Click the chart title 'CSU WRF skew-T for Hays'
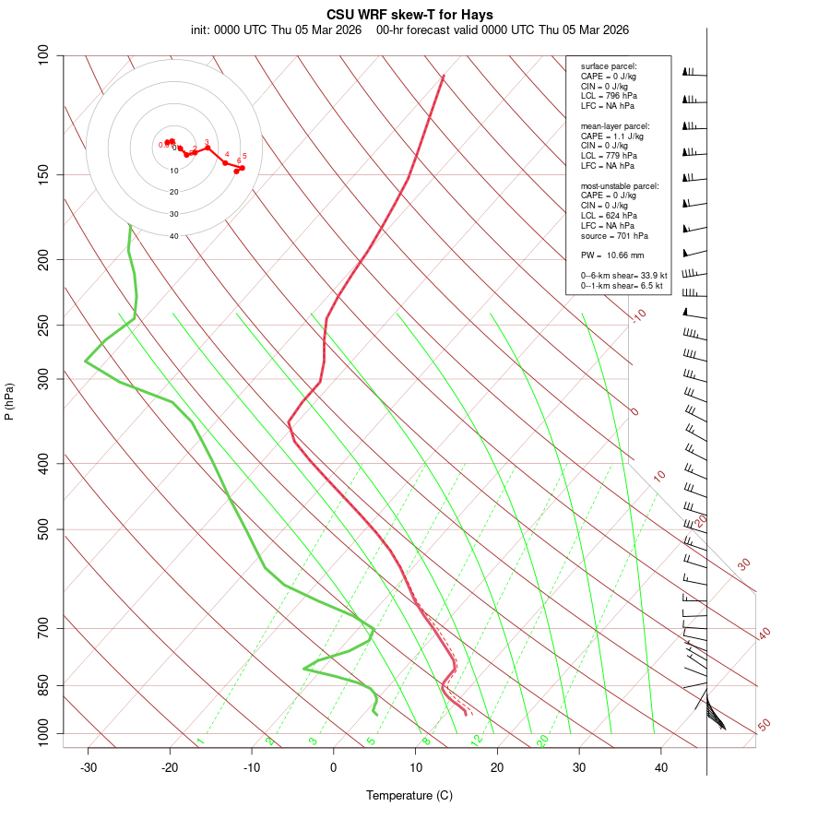(x=409, y=15)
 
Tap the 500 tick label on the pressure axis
(x=44, y=529)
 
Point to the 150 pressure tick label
(x=44, y=174)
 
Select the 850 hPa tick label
(x=44, y=685)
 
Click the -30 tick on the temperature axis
(x=89, y=767)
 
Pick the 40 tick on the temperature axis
(x=661, y=767)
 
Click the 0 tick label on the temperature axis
(x=334, y=767)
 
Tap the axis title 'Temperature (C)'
(x=409, y=795)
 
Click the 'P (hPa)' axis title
(x=9, y=401)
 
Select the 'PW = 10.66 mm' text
(x=612, y=255)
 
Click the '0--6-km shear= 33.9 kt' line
(x=623, y=276)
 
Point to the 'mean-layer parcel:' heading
(x=615, y=125)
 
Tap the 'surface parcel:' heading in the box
(x=609, y=65)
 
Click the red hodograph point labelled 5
(x=242, y=167)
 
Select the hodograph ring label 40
(x=173, y=236)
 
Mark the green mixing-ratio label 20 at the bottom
(x=542, y=740)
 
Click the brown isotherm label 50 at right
(x=764, y=726)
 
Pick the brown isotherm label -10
(x=638, y=316)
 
